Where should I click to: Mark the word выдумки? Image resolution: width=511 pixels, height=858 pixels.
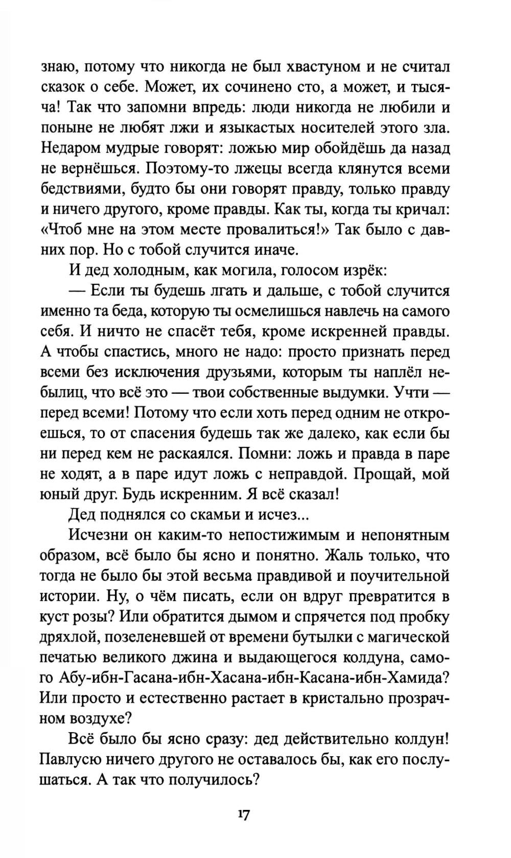point(372,393)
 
